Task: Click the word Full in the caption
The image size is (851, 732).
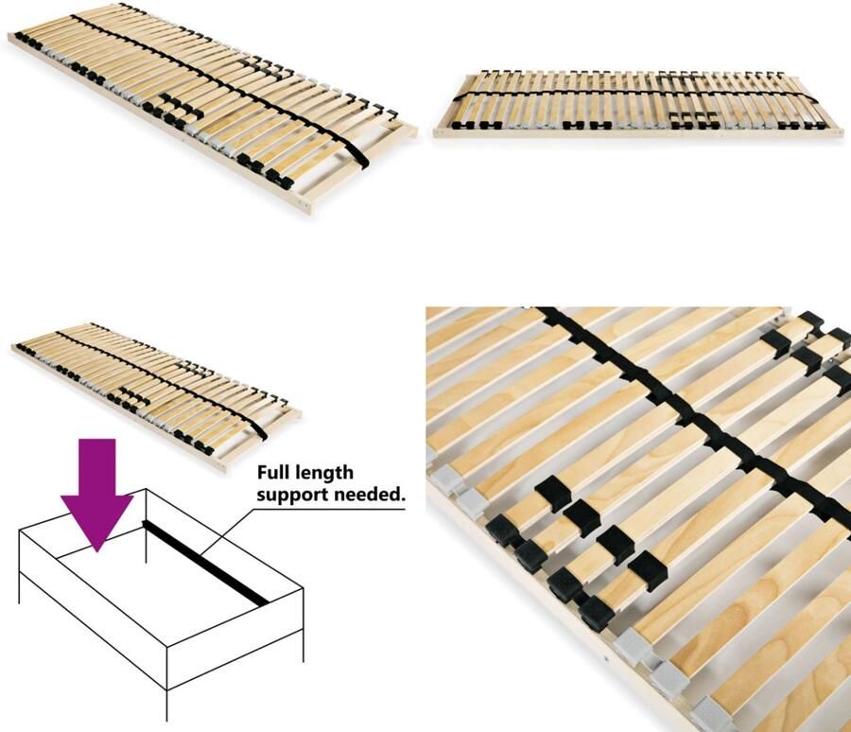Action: (277, 472)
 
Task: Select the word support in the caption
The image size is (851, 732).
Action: (293, 494)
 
